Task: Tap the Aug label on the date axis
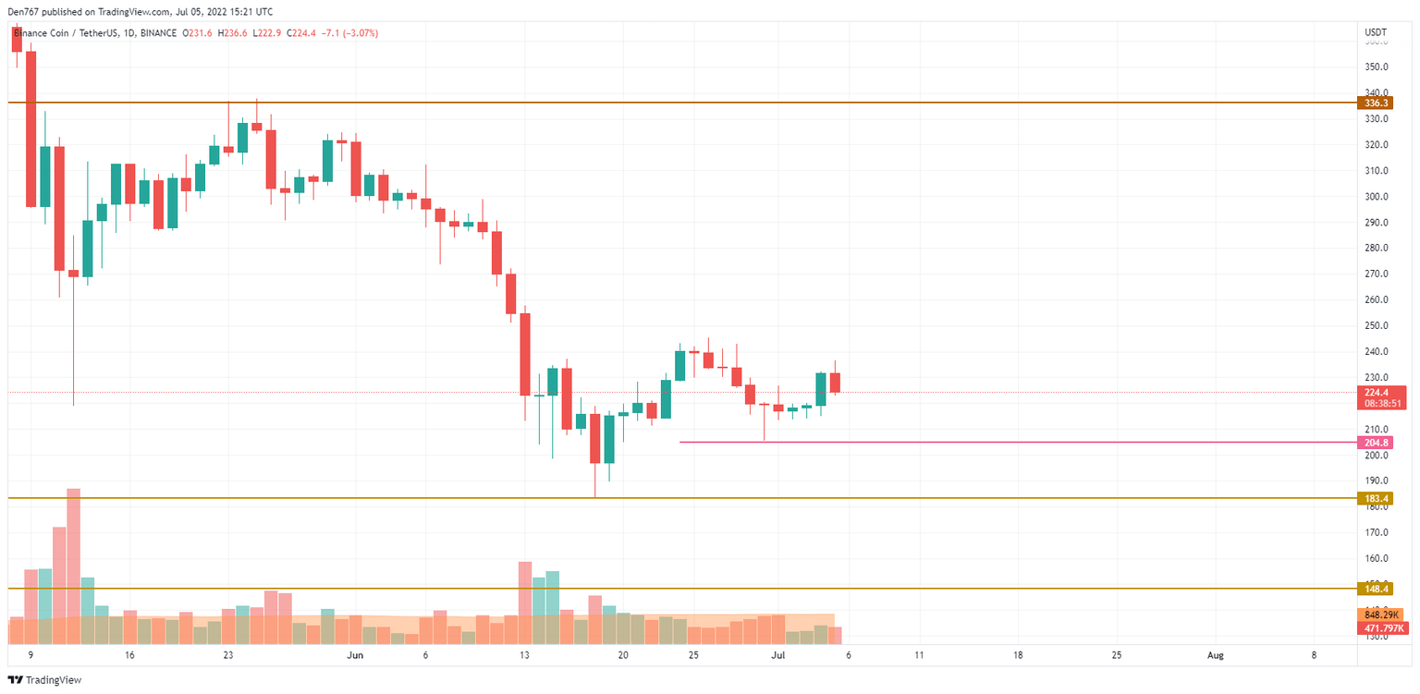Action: (1216, 655)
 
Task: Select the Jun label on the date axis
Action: (355, 655)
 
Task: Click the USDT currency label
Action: (1376, 32)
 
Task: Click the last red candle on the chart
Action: (835, 383)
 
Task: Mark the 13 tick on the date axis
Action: (524, 655)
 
